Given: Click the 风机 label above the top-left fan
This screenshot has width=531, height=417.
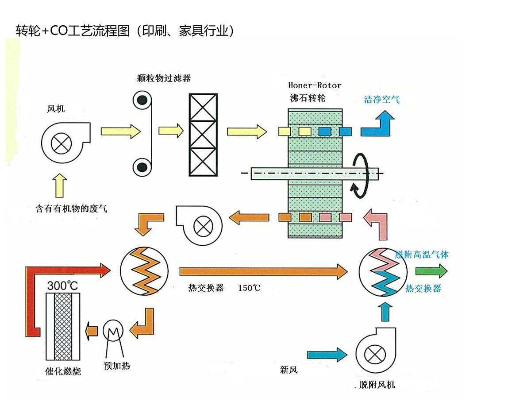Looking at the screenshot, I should pyautogui.click(x=56, y=108).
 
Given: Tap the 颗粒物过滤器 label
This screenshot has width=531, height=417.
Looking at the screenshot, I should pyautogui.click(x=164, y=78).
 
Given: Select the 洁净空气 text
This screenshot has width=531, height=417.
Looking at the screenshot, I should pyautogui.click(x=382, y=100).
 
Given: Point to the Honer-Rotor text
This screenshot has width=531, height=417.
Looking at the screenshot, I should pyautogui.click(x=315, y=85).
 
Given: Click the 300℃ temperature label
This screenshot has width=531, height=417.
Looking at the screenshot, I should pyautogui.click(x=62, y=286).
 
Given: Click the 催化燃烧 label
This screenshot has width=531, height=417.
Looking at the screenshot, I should pyautogui.click(x=63, y=371).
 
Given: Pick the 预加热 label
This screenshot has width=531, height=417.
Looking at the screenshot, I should pyautogui.click(x=116, y=366).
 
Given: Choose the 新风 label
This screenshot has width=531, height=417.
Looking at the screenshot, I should pyautogui.click(x=289, y=370).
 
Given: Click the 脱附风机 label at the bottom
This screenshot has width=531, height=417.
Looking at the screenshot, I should pyautogui.click(x=377, y=385).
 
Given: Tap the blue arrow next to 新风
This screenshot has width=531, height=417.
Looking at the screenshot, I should pyautogui.click(x=327, y=354).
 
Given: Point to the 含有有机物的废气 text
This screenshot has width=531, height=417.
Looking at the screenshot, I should pyautogui.click(x=71, y=208).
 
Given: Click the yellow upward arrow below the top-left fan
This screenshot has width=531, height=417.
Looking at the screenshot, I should pyautogui.click(x=60, y=186).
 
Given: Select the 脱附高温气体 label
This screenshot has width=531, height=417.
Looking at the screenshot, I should pyautogui.click(x=422, y=255).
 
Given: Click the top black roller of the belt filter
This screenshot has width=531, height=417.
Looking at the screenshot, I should pyautogui.click(x=142, y=100).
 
